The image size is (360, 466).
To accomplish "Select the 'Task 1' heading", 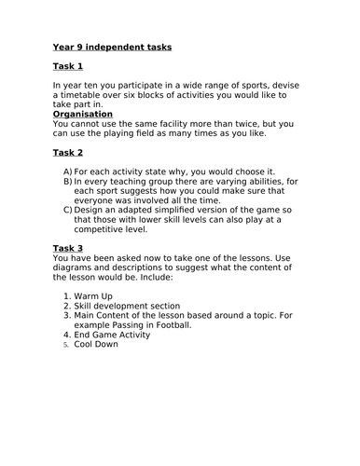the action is pos(68,67).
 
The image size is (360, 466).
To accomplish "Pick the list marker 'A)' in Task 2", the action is pos(68,171).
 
